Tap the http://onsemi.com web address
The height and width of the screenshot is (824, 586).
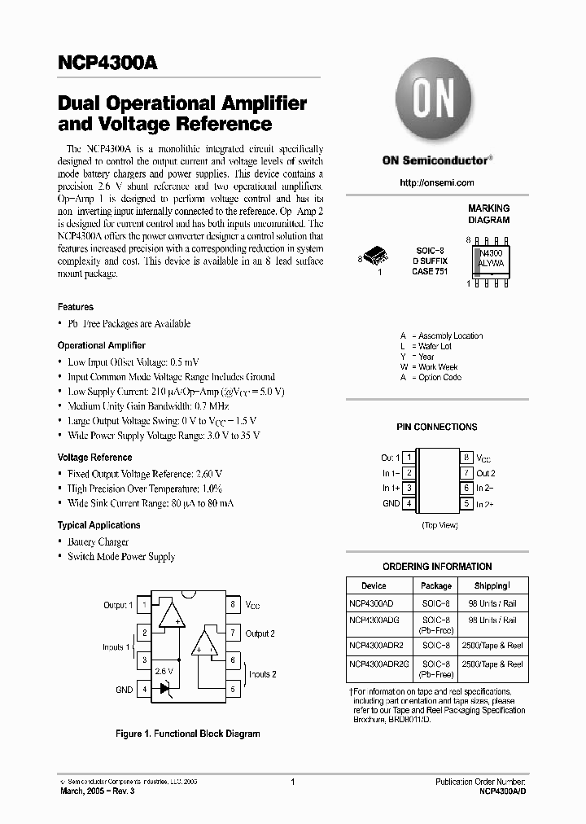[x=437, y=182]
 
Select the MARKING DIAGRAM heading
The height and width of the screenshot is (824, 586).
[x=488, y=214]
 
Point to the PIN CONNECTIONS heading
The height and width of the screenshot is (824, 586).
[x=437, y=427]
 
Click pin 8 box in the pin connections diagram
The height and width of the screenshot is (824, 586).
[x=466, y=458]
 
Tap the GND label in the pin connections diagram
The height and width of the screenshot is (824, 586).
[x=391, y=503]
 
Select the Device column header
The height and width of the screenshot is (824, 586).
[x=374, y=585]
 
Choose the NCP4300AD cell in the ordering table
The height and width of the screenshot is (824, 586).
[x=371, y=605]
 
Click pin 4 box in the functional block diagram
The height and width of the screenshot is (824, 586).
[x=145, y=690]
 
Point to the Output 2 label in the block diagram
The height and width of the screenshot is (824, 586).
[x=260, y=633]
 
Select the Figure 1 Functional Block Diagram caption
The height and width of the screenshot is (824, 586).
[x=188, y=734]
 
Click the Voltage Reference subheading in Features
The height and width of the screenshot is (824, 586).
[x=94, y=458]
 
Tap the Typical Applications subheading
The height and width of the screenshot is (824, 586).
[x=98, y=525]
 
